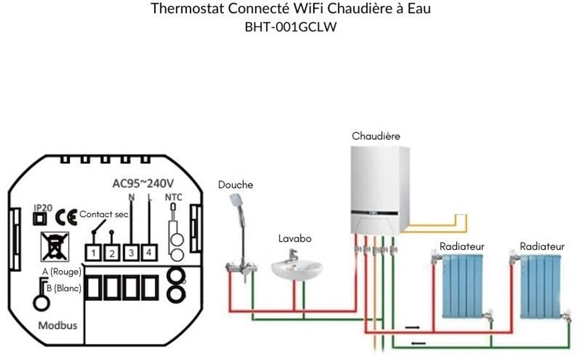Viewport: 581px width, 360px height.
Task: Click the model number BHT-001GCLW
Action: pyautogui.click(x=290, y=28)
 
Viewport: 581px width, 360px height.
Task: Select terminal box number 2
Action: pyautogui.click(x=112, y=253)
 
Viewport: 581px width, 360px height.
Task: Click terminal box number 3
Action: pyautogui.click(x=131, y=252)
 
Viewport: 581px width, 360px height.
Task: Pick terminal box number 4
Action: pyautogui.click(x=149, y=252)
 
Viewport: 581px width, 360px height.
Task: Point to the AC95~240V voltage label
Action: pyautogui.click(x=143, y=184)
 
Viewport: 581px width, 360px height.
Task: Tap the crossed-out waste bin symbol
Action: pyautogui.click(x=55, y=246)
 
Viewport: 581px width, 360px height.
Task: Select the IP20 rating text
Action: pyautogui.click(x=43, y=207)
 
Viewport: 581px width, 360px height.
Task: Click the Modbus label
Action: pyautogui.click(x=58, y=325)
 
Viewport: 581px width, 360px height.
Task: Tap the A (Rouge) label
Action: pyautogui.click(x=61, y=272)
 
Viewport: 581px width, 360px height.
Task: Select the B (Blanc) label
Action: pyautogui.click(x=63, y=289)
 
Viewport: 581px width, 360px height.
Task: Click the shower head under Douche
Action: pyautogui.click(x=237, y=200)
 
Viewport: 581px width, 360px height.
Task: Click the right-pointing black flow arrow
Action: pyautogui.click(x=413, y=328)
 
